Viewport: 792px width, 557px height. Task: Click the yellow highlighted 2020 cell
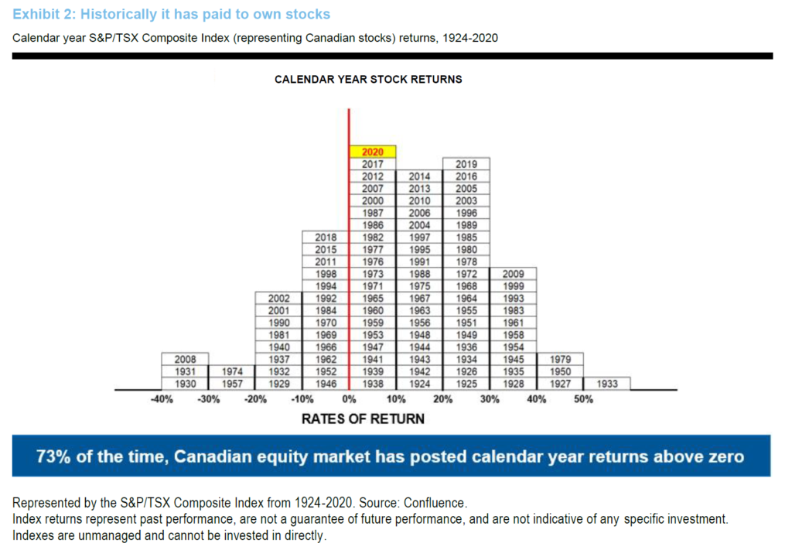click(373, 152)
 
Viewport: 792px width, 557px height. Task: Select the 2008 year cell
click(186, 359)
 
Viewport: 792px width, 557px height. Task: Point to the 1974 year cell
click(232, 371)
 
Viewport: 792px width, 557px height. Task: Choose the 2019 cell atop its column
click(466, 164)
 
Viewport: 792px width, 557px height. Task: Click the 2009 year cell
click(514, 274)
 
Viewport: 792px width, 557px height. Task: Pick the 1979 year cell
click(560, 359)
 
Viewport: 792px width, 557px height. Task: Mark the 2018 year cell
click(326, 237)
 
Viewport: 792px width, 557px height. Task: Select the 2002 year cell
click(279, 298)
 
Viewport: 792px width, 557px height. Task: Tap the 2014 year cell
click(419, 176)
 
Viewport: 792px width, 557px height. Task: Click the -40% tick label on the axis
click(161, 400)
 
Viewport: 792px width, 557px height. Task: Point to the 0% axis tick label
click(349, 400)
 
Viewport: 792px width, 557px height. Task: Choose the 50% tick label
click(583, 400)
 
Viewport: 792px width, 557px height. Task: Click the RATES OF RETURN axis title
click(363, 419)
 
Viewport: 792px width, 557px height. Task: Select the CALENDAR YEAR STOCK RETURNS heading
click(368, 79)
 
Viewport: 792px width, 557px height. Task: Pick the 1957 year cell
click(232, 384)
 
